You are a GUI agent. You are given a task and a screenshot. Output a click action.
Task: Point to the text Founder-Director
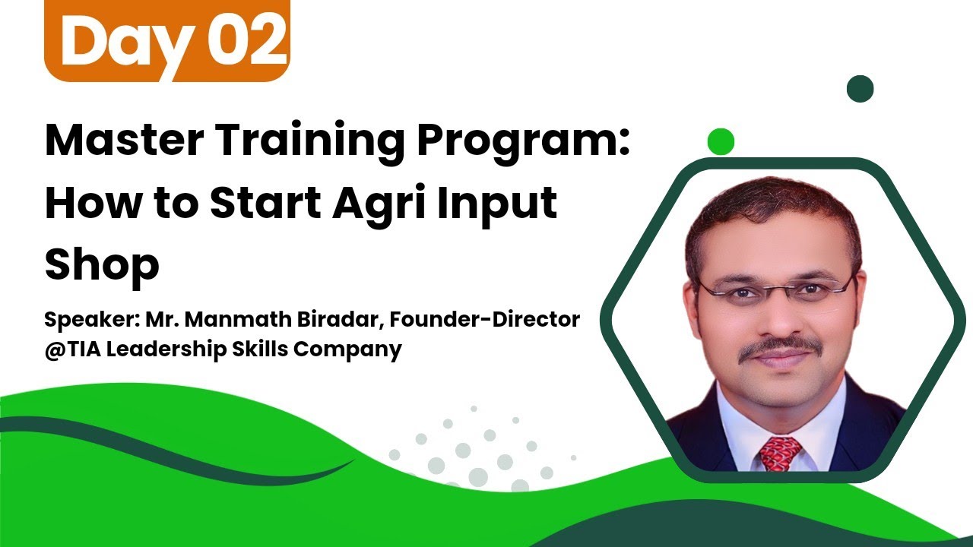tap(485, 320)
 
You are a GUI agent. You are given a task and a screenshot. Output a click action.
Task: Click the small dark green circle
tap(860, 90)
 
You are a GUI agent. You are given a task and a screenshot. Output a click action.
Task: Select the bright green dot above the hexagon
tap(721, 141)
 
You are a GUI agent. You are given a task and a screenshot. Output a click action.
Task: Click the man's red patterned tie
tap(781, 453)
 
